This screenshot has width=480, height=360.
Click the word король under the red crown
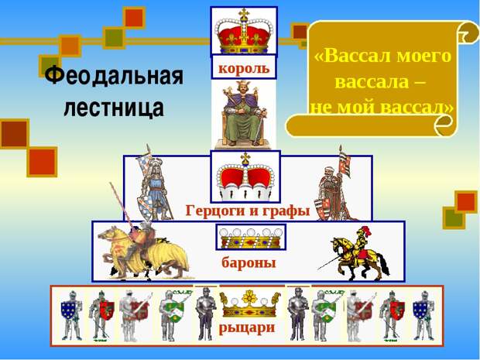click(x=244, y=68)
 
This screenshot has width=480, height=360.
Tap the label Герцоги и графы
click(x=248, y=211)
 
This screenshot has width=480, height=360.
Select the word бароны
click(x=249, y=262)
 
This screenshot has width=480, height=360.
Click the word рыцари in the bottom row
click(x=247, y=327)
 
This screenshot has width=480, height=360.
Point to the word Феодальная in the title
click(x=114, y=76)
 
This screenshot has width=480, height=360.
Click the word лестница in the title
click(x=114, y=108)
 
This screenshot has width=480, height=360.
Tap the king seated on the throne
click(x=244, y=114)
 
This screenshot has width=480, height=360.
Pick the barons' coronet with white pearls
click(x=251, y=238)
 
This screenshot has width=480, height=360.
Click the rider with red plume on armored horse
click(x=358, y=253)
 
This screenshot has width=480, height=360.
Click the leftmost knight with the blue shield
click(x=72, y=315)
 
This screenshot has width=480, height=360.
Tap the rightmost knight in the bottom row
click(x=423, y=315)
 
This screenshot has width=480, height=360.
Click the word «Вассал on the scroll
click(x=353, y=57)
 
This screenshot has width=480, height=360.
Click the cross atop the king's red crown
click(x=244, y=13)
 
